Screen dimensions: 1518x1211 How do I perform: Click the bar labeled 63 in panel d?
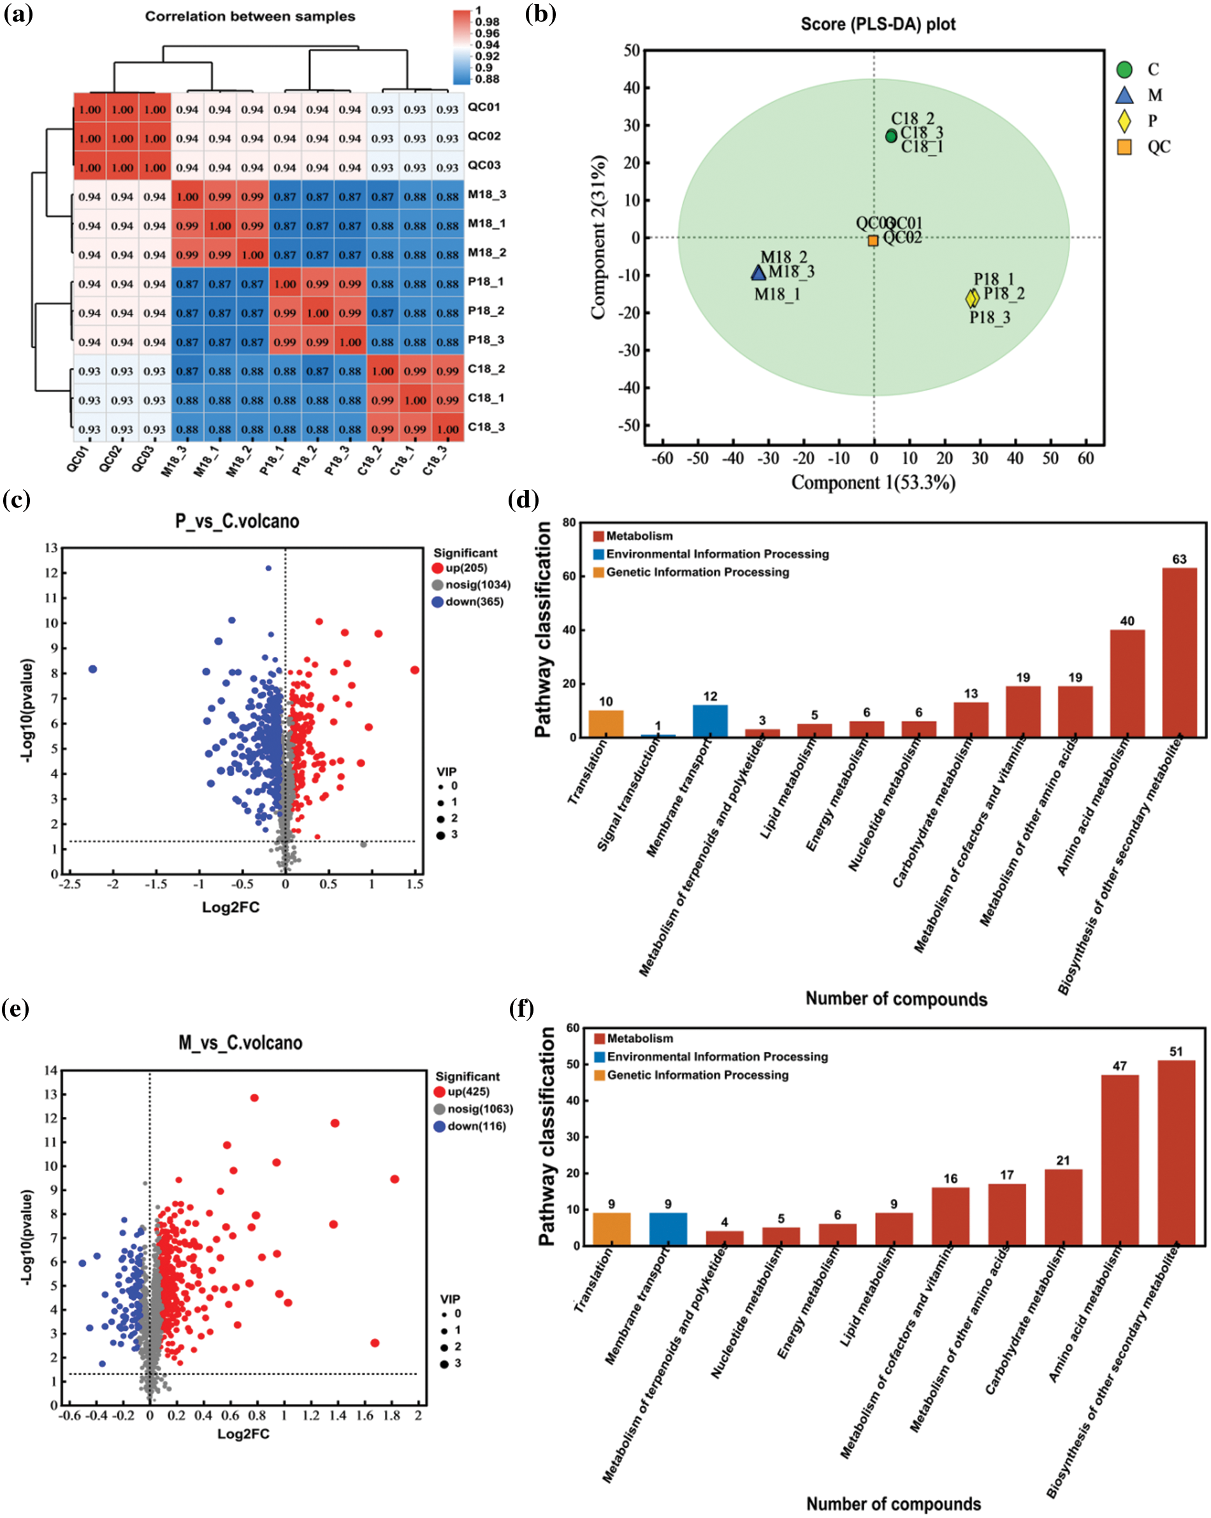tap(1178, 651)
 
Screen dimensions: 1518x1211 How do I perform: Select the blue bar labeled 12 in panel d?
tap(710, 720)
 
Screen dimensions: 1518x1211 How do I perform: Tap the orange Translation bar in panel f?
tap(611, 1228)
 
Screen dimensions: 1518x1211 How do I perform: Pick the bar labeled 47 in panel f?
tap(1119, 1160)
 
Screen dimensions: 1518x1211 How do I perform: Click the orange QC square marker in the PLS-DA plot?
tap(873, 241)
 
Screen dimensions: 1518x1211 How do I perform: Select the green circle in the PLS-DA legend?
tap(1124, 70)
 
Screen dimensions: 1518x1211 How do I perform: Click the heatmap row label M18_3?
tap(486, 195)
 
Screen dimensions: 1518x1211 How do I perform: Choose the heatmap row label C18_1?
tap(486, 398)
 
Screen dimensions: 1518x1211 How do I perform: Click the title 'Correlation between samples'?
tap(250, 16)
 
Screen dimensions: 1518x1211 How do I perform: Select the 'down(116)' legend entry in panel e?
tap(476, 1126)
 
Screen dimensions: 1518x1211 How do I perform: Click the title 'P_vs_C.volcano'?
tap(237, 521)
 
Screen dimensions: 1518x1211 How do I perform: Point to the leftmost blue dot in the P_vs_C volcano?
tap(92, 669)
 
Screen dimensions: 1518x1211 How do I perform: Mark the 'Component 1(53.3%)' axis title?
tap(873, 482)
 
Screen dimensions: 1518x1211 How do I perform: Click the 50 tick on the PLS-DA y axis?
tap(631, 50)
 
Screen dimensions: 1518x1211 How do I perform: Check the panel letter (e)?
tap(15, 1009)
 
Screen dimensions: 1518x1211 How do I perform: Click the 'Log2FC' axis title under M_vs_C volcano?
tap(243, 1434)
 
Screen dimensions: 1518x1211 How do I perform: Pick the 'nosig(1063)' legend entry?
tap(480, 1109)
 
